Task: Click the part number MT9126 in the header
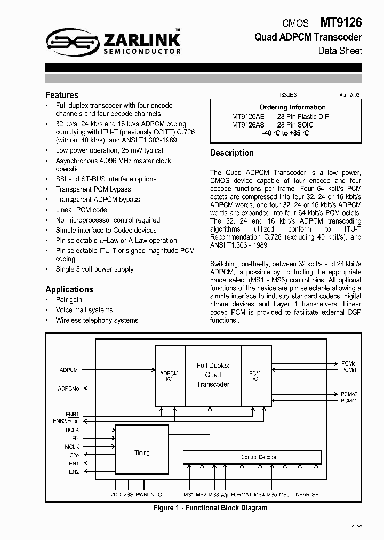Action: pos(341,22)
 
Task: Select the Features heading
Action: pos(62,95)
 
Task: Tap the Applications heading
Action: pos(69,289)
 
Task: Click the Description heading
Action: pos(232,153)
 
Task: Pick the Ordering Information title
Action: pos(292,107)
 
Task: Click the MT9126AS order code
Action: pos(249,125)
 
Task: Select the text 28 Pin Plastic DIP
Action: pos(303,116)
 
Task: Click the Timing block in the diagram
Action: pos(142,452)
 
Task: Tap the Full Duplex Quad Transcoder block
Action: pos(213,375)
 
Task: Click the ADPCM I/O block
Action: pos(170,376)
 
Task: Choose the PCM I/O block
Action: pos(255,376)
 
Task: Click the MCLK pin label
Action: pos(72,446)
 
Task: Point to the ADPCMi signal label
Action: pos(69,369)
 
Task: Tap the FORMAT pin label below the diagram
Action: pos(242,495)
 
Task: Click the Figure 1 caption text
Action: pos(210,507)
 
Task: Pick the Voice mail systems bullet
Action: pos(84,310)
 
